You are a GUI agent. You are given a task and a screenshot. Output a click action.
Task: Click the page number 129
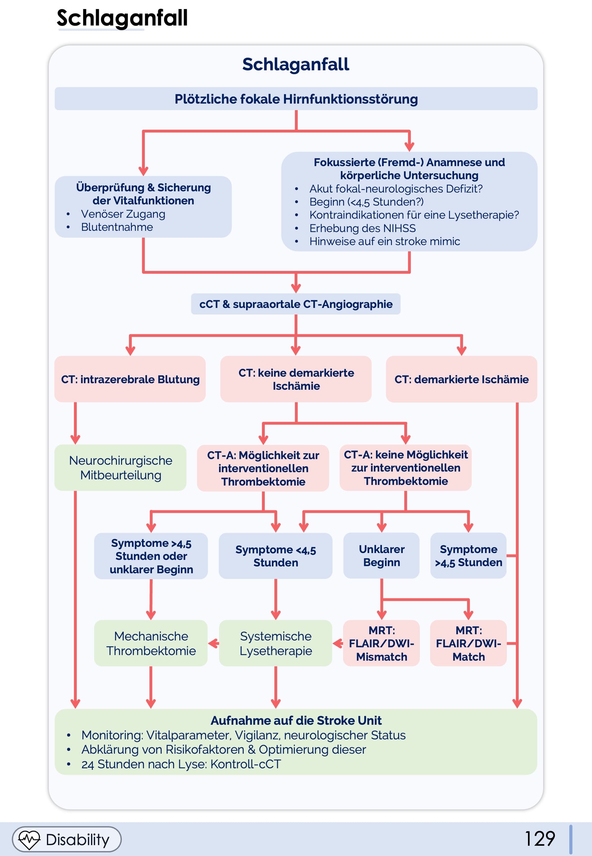click(540, 839)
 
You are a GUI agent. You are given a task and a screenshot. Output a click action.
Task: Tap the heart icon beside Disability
click(29, 839)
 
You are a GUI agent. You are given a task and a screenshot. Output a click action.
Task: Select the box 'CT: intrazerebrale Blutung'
click(130, 379)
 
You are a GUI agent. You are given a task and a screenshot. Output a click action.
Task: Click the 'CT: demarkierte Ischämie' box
click(461, 379)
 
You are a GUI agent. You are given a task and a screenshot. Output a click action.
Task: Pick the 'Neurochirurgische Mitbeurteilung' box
click(121, 468)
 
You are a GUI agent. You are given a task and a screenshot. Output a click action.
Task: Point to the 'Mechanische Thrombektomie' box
click(151, 643)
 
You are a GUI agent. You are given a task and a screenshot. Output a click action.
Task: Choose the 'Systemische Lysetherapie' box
click(276, 643)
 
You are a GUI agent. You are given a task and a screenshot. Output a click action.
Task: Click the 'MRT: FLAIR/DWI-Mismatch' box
click(382, 643)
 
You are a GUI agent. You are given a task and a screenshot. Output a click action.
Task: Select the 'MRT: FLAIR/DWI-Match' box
click(469, 643)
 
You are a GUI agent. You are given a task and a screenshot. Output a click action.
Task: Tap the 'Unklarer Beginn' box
click(382, 556)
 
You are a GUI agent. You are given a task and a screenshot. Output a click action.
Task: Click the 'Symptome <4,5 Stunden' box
click(276, 556)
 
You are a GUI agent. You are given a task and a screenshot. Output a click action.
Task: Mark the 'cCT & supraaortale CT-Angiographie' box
click(296, 304)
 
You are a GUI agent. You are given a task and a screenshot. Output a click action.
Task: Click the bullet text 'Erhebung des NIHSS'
click(362, 228)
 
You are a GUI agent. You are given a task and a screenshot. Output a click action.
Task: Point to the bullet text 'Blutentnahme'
click(117, 227)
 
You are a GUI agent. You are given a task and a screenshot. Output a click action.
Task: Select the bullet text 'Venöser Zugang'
click(123, 214)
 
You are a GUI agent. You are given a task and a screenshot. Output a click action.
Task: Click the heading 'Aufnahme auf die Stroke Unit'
click(296, 720)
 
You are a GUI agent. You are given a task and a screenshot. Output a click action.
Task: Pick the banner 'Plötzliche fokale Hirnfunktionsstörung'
click(296, 99)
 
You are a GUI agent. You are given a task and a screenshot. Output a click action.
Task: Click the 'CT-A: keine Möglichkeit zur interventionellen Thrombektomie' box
click(406, 468)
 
